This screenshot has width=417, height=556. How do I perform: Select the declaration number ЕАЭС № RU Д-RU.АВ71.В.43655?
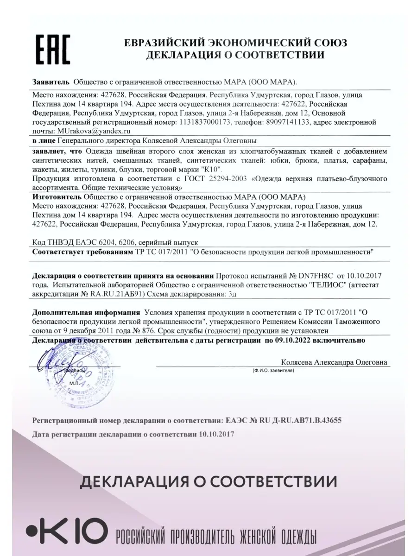[x=284, y=421]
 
